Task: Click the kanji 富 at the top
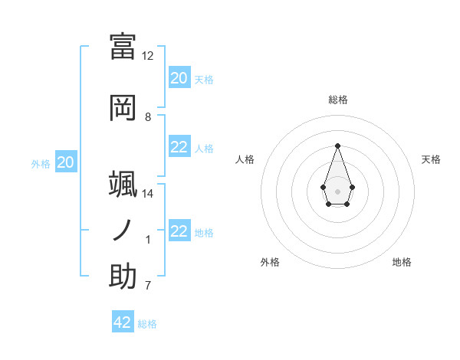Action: click(123, 46)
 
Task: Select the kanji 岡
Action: click(123, 107)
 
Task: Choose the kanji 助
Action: click(123, 276)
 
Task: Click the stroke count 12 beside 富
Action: click(148, 56)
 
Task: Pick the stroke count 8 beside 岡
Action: click(148, 117)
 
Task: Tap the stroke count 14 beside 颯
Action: click(148, 194)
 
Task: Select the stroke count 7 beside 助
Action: click(148, 286)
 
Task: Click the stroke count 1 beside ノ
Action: click(149, 241)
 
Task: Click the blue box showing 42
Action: click(123, 322)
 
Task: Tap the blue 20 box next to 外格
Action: click(66, 162)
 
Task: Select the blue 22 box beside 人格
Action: click(179, 147)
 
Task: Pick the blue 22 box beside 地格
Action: click(179, 231)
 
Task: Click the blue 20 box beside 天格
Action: click(179, 78)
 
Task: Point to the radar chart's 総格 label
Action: click(337, 100)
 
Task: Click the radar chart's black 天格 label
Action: click(431, 159)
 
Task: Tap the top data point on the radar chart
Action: click(337, 146)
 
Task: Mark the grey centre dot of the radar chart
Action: click(337, 191)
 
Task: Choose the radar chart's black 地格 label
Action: click(402, 262)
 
